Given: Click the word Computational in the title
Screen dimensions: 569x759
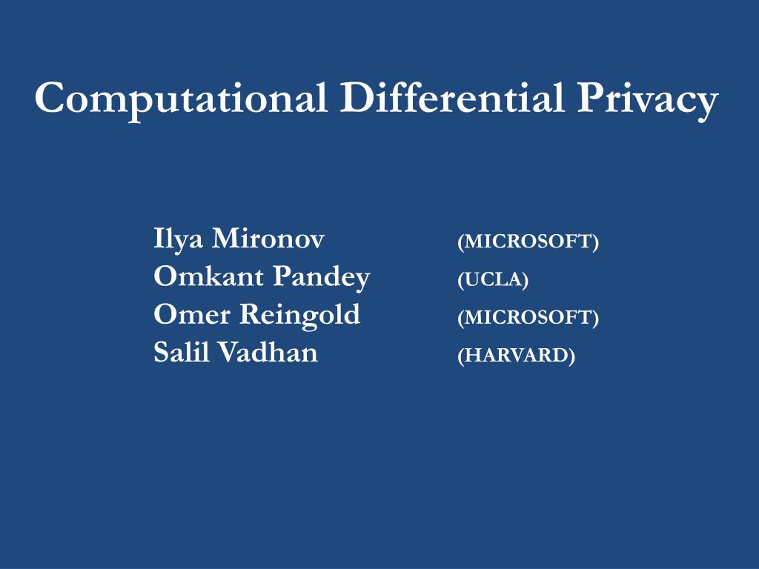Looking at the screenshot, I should (x=182, y=99).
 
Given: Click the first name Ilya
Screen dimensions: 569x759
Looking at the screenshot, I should (x=177, y=240).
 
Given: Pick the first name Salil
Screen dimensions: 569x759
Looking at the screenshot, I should (x=179, y=353).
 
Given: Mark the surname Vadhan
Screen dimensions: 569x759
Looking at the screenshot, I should (x=268, y=353).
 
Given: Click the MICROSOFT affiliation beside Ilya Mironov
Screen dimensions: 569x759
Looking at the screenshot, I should (x=528, y=242).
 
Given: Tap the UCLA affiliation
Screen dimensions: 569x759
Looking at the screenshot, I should (x=493, y=279).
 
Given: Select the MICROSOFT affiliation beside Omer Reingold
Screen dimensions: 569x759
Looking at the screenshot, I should (x=528, y=317).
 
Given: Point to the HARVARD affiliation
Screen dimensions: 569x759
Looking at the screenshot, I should (x=516, y=356).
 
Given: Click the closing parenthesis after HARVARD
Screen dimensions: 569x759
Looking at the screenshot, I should (x=571, y=356).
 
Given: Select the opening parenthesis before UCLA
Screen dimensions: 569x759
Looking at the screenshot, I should (x=461, y=280).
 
